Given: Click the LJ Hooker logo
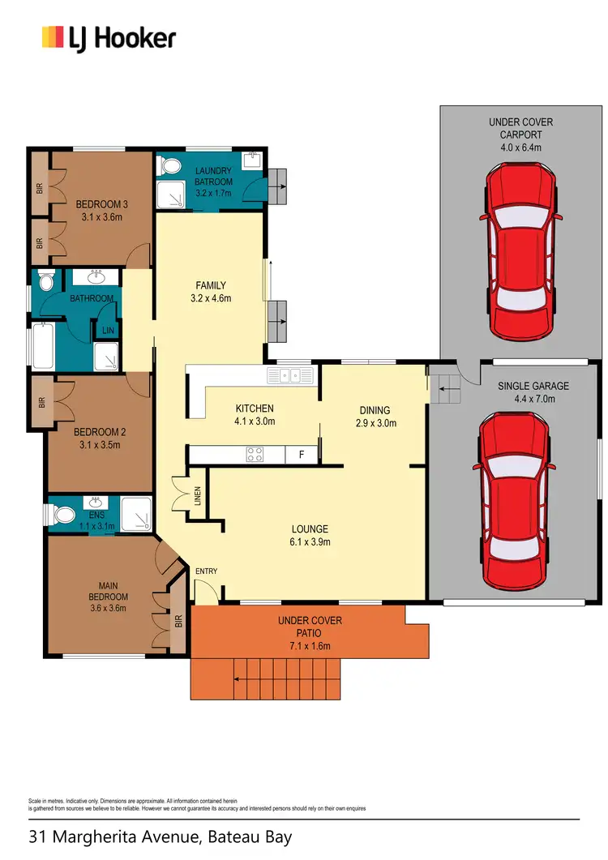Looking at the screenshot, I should coord(109,37).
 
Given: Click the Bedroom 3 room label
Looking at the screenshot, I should coord(102,204).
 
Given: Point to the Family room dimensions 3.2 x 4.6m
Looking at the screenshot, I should coord(210,298).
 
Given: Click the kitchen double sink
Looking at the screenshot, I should coord(291,375).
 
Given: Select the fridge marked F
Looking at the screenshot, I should coord(302,455).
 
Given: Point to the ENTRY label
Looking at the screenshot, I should coord(206,571).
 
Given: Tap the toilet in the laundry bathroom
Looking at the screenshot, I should coord(170,166).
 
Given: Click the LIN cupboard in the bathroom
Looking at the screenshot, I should coord(107,331).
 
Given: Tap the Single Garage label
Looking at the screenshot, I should coord(533,387).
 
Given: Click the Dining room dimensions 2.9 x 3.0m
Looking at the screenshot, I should coord(375,423).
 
